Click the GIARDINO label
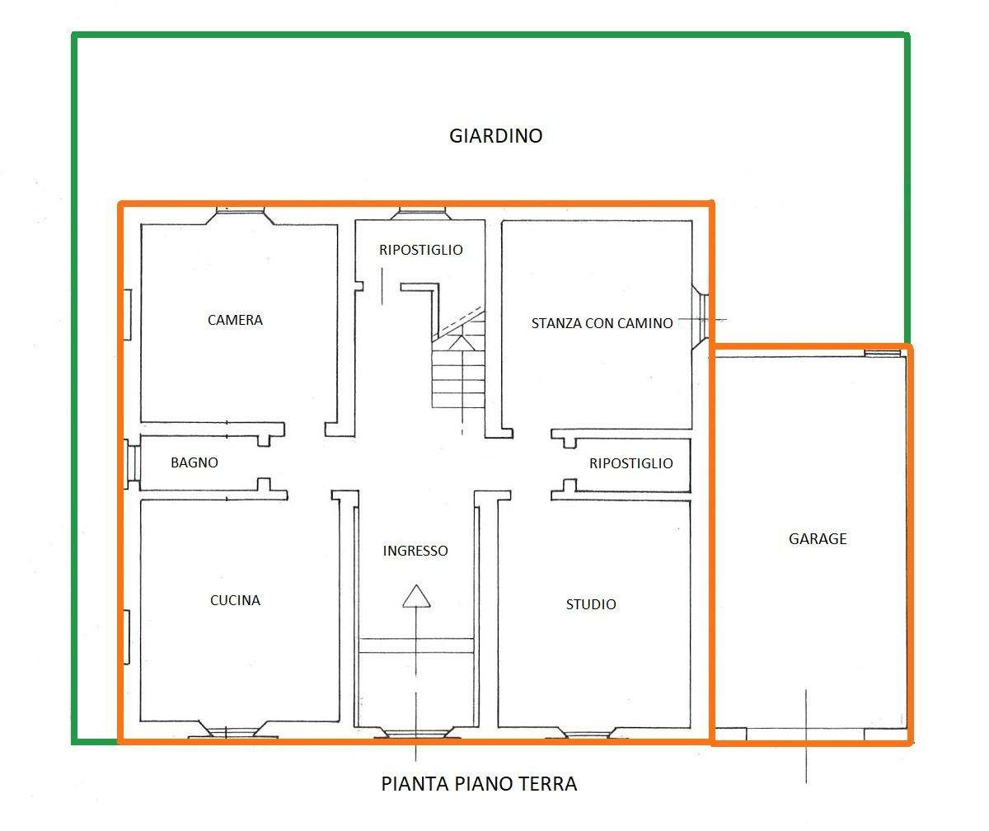[495, 136]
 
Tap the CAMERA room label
[235, 320]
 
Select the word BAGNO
[195, 462]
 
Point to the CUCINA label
[235, 600]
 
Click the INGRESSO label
[415, 551]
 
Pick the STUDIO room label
[591, 604]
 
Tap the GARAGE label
[818, 538]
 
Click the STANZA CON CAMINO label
[602, 323]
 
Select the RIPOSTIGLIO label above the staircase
[420, 250]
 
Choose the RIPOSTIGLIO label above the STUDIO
[631, 463]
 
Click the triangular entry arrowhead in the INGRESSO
[416, 596]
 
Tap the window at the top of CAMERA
[240, 215]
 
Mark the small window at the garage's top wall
[882, 353]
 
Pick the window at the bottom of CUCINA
[232, 730]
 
